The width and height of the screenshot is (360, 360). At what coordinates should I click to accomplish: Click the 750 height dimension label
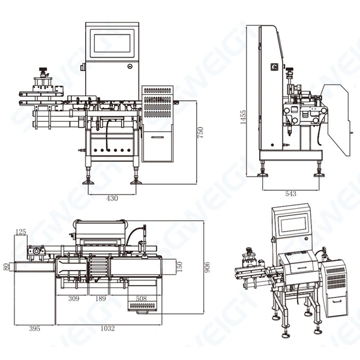click(201, 132)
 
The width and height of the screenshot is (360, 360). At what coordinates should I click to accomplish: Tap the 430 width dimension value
click(112, 197)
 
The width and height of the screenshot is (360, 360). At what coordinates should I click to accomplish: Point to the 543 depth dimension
click(290, 194)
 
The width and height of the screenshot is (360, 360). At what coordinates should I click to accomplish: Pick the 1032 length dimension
click(108, 328)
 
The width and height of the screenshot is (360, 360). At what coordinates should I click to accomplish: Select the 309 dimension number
click(73, 298)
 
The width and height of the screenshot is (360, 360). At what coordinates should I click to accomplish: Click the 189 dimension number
click(101, 298)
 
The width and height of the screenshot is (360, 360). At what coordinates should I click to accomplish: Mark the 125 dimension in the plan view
click(21, 231)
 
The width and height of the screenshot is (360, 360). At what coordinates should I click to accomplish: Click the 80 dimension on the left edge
click(5, 265)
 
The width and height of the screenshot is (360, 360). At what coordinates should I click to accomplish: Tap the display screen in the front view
click(112, 43)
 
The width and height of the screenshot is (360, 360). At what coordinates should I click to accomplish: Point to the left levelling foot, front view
click(91, 178)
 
